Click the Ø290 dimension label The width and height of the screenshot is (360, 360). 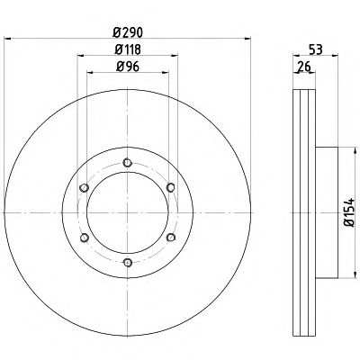point(128,32)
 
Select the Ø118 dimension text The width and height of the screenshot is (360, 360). point(128,49)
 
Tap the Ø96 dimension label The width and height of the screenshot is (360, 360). point(128,67)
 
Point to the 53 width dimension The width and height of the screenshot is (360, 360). point(316,49)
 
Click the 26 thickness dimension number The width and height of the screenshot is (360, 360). point(304,67)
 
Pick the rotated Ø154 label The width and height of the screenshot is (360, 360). point(349,212)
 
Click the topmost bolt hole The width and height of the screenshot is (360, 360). point(128,163)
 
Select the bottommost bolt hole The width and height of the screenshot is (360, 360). point(128,263)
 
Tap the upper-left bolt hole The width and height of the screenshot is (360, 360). point(85,188)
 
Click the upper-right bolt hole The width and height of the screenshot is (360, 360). point(171,188)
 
